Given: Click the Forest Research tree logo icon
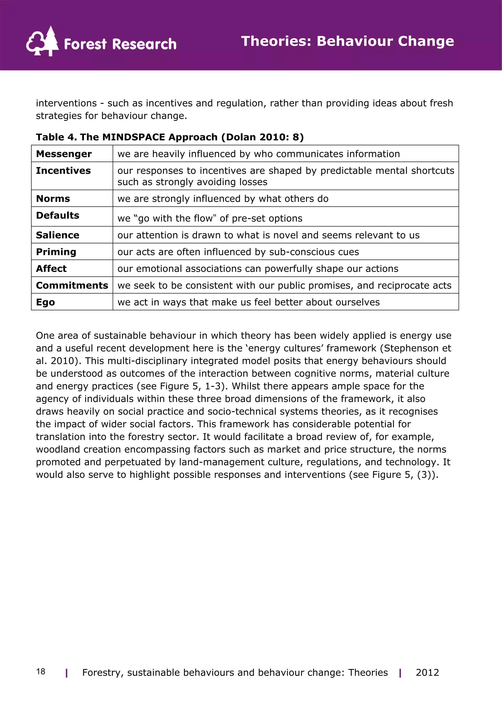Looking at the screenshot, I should tap(42, 42).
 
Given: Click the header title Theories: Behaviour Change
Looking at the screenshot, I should tap(347, 41).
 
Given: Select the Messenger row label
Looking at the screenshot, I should tap(64, 154).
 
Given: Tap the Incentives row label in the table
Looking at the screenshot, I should tap(63, 170).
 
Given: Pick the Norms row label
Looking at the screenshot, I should tap(53, 199).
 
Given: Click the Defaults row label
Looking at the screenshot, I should tap(58, 215).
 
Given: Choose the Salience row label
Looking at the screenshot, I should tap(58, 235).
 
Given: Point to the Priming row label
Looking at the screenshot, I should tap(56, 252).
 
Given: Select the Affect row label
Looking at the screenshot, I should tap(51, 268).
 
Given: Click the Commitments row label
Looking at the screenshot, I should tap(72, 285).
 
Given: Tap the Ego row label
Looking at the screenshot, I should tap(45, 302).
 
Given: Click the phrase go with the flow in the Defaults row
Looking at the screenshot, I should tap(175, 218).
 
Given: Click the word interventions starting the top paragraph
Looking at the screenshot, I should tap(66, 103).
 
